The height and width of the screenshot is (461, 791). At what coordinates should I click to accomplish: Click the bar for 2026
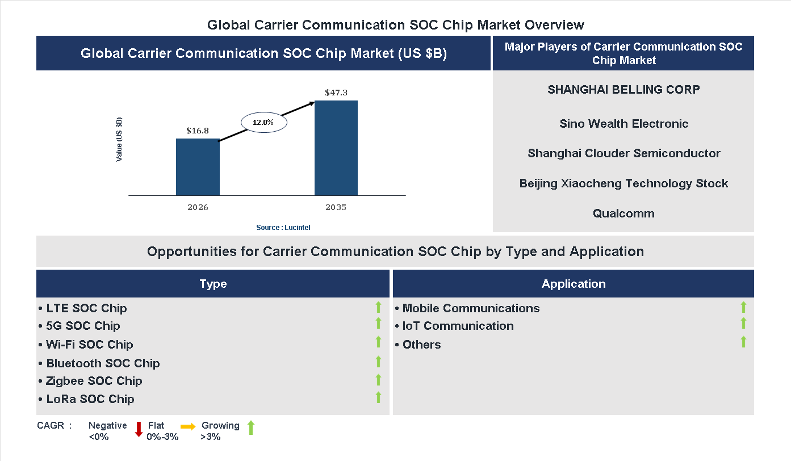198,167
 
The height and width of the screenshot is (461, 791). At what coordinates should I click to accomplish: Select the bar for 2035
336,148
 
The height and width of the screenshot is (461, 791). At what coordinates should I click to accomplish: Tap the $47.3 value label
336,92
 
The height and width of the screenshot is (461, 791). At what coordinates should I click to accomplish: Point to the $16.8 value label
198,130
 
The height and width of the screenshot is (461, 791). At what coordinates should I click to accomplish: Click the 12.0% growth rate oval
263,122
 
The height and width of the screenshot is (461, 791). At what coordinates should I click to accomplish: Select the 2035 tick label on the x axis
336,207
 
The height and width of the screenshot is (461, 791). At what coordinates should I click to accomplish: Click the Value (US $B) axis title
119,140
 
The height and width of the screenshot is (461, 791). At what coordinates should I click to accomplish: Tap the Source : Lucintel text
283,227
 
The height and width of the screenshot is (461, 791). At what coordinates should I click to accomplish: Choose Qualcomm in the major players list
623,213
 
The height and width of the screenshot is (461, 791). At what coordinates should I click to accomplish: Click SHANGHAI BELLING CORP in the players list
623,89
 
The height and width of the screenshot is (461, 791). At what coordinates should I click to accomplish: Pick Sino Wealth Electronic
623,124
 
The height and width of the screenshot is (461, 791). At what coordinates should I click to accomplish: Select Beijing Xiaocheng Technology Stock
623,183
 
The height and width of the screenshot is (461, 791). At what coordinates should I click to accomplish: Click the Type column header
213,284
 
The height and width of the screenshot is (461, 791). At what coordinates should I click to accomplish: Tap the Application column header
574,284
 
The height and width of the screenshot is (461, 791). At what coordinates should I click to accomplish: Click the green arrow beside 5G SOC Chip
378,324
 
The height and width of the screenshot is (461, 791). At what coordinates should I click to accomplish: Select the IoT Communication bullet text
458,326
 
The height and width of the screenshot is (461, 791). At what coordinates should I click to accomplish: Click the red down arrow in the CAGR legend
139,429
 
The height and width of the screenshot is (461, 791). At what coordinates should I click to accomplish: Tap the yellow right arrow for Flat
188,426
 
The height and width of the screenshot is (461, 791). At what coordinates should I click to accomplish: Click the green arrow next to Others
743,342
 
